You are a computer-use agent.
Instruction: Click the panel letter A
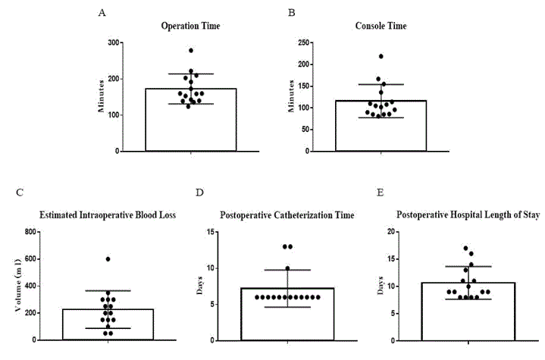coord(102,14)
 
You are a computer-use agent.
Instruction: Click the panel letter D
coord(200,193)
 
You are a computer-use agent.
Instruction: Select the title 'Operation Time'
coord(191,26)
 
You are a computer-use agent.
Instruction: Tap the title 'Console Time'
coord(381,26)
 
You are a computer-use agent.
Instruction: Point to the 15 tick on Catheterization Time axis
coord(215,232)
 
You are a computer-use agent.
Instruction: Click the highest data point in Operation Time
coord(191,51)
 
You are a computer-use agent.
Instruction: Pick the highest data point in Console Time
coord(381,56)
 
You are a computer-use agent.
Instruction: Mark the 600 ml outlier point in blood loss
coord(108,259)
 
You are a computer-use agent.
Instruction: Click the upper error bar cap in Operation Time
coord(191,74)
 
